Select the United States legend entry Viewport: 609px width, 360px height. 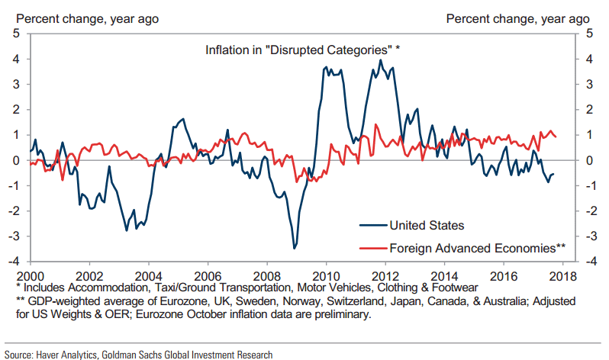pos(427,225)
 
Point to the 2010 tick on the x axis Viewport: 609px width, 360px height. pos(327,275)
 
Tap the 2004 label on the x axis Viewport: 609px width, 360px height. pos(147,275)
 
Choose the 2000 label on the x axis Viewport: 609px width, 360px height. pos(29,275)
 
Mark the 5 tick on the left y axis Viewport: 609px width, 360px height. pos(16,33)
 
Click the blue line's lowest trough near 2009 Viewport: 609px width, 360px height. pos(295,248)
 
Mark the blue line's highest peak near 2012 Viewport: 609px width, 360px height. pos(381,60)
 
